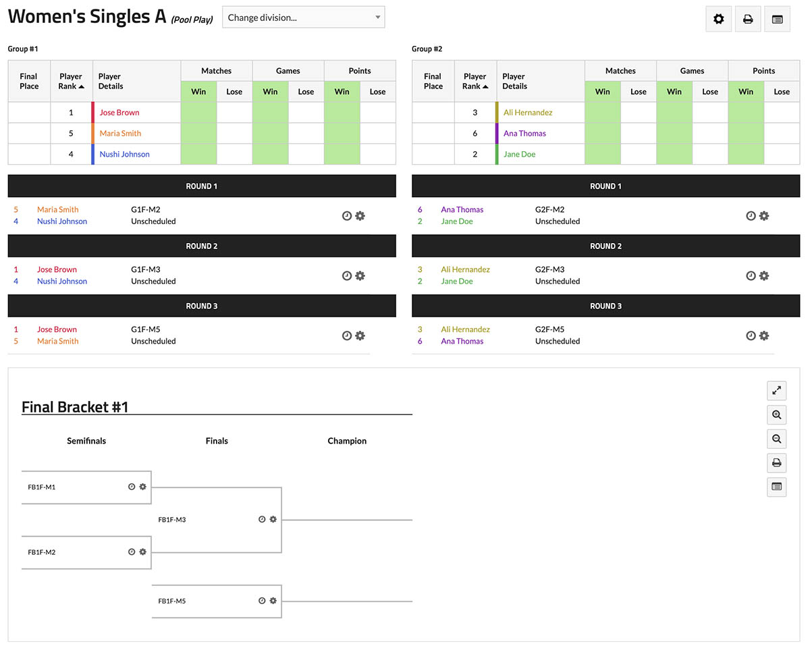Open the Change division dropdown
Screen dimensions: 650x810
[x=303, y=18]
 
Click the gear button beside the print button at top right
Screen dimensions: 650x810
[x=718, y=19]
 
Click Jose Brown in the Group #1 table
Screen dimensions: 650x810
[x=119, y=113]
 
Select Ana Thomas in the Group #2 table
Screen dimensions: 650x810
[x=524, y=134]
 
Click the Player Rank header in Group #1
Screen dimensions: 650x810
[x=71, y=81]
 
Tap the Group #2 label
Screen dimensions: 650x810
[x=427, y=49]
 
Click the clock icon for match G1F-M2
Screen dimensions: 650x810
[x=347, y=216]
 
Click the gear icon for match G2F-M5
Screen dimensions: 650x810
[x=764, y=335]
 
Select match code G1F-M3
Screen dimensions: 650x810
[x=146, y=269]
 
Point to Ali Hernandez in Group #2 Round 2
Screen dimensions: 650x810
[x=465, y=269]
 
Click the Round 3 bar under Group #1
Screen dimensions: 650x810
[x=202, y=306]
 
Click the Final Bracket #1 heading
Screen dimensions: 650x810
[x=75, y=407]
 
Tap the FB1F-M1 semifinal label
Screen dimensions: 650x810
[x=42, y=487]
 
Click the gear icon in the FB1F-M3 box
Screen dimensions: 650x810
[x=273, y=520]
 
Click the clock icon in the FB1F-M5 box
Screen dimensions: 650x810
[x=262, y=601]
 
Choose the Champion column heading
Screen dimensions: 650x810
[x=347, y=441]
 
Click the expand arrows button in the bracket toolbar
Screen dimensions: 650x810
[x=777, y=390]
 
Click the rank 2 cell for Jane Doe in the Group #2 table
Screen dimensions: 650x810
[x=475, y=155]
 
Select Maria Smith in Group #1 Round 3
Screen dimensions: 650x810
[x=58, y=342]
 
